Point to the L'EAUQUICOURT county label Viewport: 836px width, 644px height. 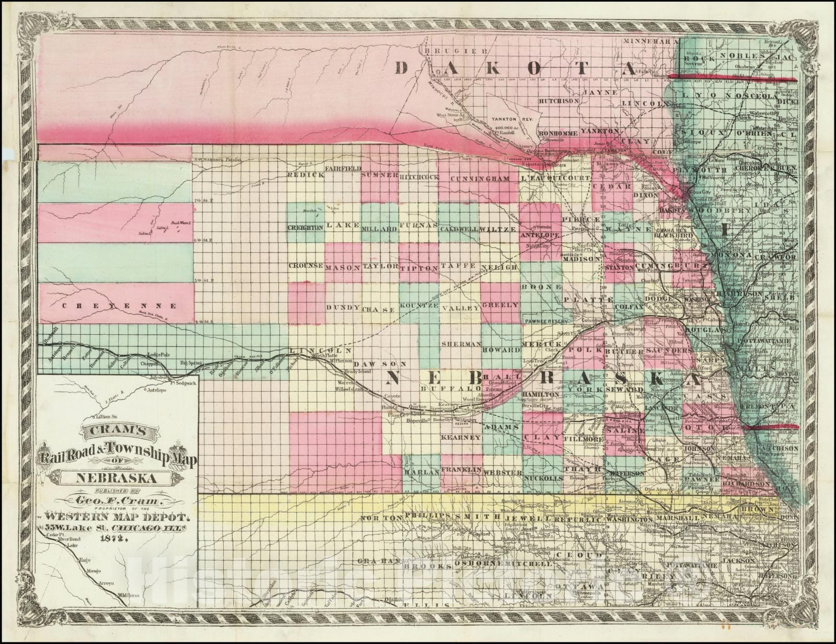pos(555,179)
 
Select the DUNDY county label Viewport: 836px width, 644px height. pos(343,307)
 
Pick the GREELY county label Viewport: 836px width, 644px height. pos(500,305)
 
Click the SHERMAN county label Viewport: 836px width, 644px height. pos(460,344)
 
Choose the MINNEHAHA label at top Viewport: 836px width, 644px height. pos(652,40)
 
